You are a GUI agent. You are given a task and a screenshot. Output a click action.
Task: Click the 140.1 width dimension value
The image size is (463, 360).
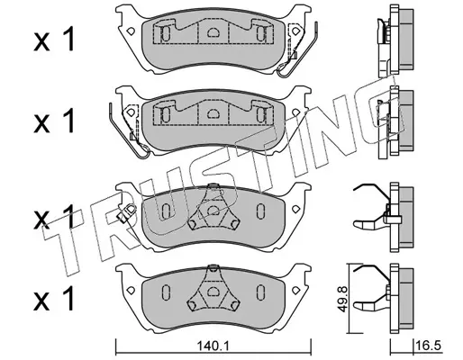point(213,346)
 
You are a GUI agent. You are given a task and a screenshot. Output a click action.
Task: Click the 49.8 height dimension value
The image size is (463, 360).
point(342,299)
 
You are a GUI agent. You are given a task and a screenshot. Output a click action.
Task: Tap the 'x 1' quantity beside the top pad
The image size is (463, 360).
point(54,40)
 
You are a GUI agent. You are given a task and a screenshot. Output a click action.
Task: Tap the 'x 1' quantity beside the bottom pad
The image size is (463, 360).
point(54,299)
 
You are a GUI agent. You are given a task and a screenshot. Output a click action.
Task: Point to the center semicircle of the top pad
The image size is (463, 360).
point(213,31)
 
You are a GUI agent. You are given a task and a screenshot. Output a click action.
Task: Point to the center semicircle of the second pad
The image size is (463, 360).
point(213,112)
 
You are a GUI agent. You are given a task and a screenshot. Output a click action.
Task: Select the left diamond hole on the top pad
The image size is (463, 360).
point(131,31)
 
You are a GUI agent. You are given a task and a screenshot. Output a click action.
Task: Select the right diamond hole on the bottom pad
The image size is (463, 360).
point(296,290)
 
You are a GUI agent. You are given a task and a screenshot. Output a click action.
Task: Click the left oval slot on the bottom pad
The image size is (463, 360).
point(166,292)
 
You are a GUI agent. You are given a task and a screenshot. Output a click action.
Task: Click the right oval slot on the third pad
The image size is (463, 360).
point(260,211)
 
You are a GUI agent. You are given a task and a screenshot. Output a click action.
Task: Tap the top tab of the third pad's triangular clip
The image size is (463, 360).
point(213,186)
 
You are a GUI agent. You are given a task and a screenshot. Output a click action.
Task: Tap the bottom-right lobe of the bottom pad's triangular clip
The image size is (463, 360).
point(234,305)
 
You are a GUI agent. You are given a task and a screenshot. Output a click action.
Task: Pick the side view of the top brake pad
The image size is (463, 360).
point(395,40)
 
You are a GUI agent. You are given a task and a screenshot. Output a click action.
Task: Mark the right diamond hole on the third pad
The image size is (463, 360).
point(296,209)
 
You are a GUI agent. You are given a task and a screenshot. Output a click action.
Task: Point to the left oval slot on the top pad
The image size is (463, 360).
point(166,33)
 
